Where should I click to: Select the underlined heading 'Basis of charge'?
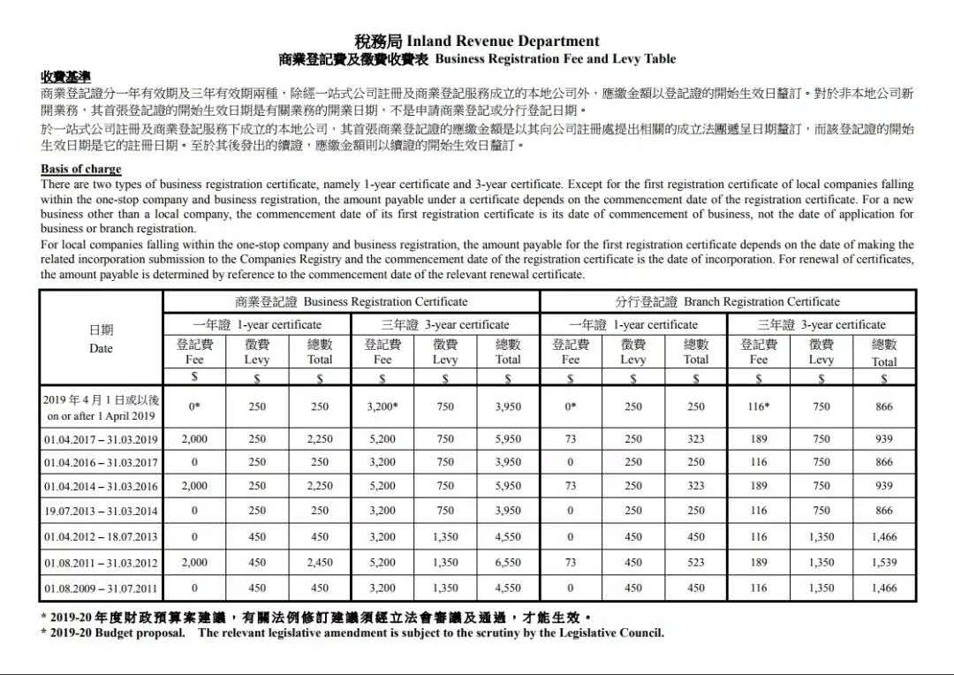pos(81,169)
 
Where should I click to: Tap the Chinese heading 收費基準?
pos(65,78)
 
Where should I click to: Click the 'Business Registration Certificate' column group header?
pos(351,301)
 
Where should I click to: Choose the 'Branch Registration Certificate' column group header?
pos(727,301)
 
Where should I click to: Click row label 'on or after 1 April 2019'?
pos(101,416)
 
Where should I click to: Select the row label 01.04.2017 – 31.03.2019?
pos(101,439)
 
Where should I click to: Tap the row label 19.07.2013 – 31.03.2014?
pos(101,511)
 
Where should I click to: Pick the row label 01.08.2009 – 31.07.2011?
pos(101,588)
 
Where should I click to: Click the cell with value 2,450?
pos(320,562)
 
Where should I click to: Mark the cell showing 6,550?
pos(508,562)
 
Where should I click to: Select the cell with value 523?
pos(696,562)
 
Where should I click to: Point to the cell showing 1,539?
pos(883,562)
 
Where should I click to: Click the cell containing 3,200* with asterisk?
pos(382,407)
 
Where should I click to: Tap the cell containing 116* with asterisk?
pos(759,407)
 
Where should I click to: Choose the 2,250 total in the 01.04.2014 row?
pos(320,486)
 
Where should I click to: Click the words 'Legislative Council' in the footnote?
pos(609,633)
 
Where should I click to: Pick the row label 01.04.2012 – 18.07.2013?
pos(101,536)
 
